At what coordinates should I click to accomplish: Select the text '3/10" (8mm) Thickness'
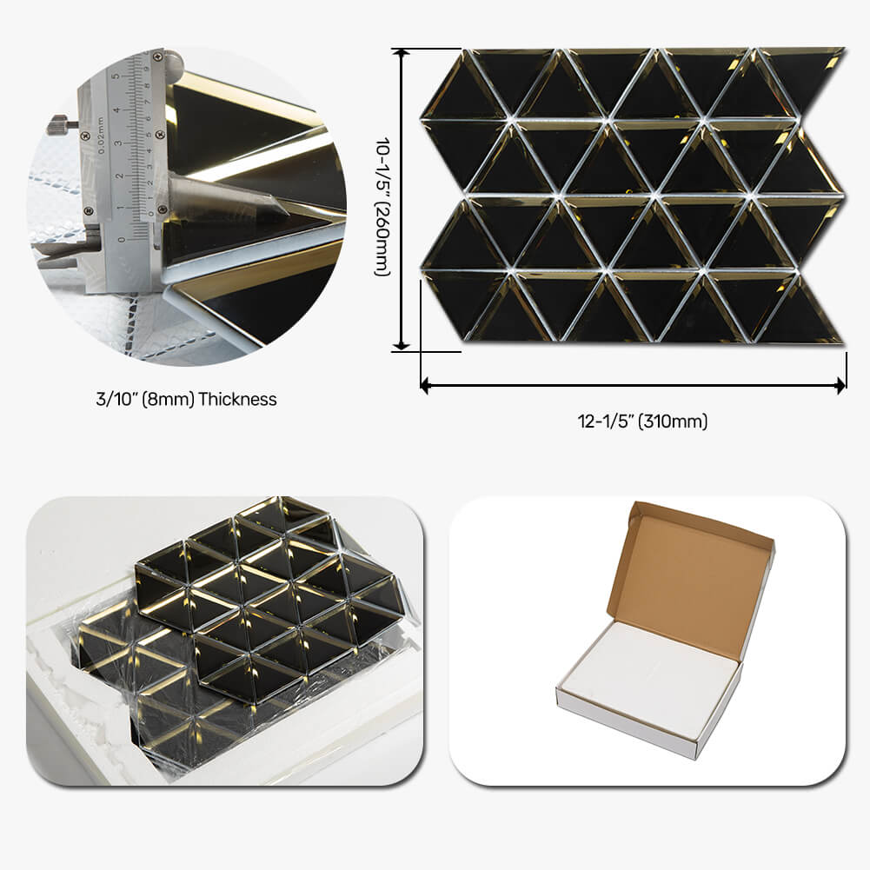[x=186, y=400]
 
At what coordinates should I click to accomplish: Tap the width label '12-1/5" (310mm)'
[x=642, y=422]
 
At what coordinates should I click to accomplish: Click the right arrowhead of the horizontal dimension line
[x=841, y=383]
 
